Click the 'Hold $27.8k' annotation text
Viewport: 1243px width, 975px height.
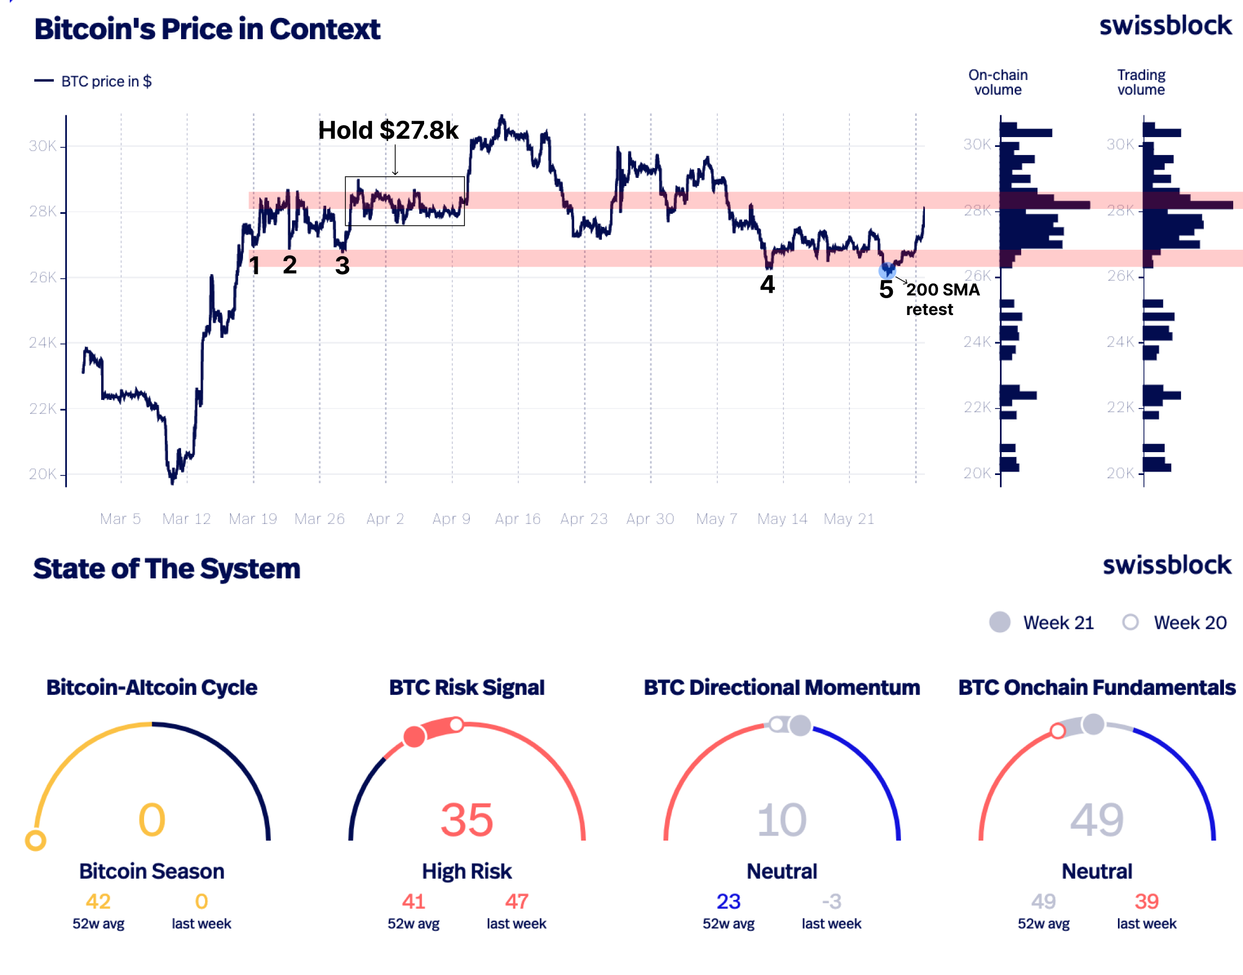coord(388,130)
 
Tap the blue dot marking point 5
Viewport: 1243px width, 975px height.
coord(886,269)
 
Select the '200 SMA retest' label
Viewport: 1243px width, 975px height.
coord(942,299)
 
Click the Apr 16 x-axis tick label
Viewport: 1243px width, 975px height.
coord(518,519)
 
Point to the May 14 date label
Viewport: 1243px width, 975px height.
coord(782,519)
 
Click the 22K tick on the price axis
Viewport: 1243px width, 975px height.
coord(42,409)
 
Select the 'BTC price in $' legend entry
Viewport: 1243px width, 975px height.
coord(106,81)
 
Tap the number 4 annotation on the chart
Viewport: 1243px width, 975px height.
coord(767,284)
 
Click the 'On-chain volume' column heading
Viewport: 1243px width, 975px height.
coord(998,82)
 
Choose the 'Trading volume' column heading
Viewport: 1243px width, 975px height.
coord(1141,82)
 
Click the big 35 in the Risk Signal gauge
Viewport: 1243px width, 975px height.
coord(467,820)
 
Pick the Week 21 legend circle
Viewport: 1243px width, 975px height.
coord(999,622)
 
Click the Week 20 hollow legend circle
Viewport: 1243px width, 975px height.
coord(1130,622)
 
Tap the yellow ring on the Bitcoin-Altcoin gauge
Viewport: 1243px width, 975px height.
coord(35,840)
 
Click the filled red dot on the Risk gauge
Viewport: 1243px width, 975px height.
coord(414,736)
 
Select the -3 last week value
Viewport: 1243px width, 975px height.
coord(831,902)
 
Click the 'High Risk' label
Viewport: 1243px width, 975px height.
coord(467,871)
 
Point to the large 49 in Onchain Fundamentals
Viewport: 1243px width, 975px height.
coord(1096,820)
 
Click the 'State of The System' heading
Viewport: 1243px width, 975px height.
coord(166,569)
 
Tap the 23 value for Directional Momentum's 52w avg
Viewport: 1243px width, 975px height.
coord(729,902)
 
